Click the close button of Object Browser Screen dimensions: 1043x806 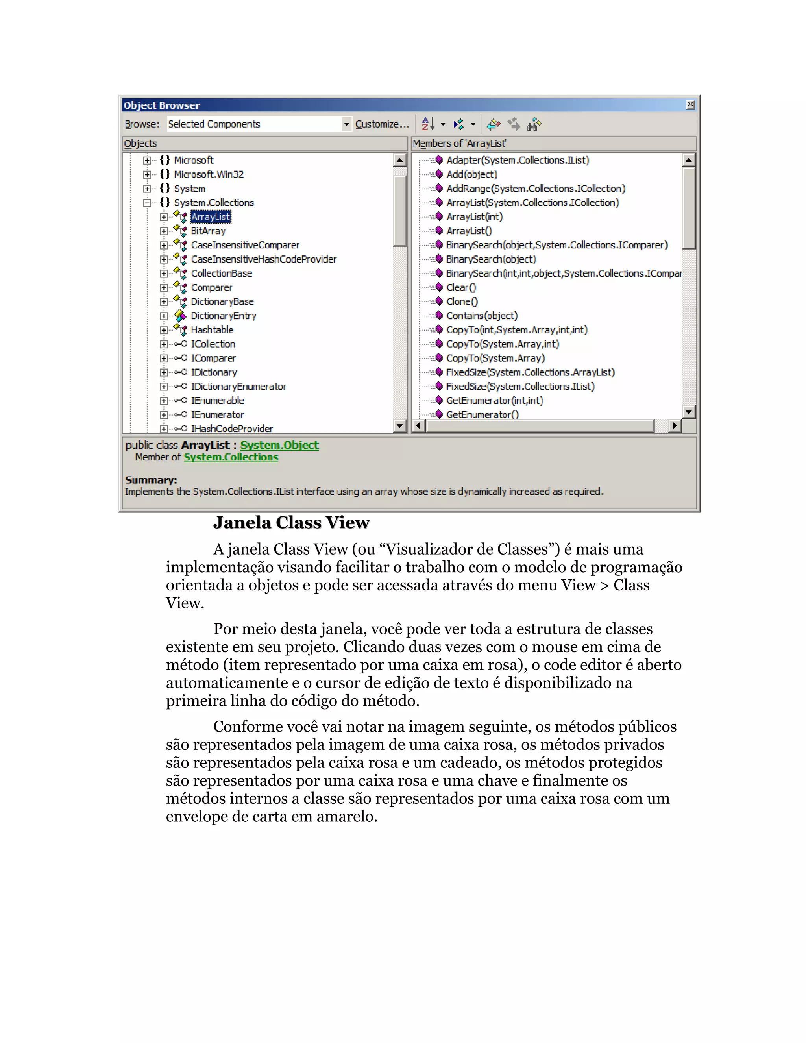(x=690, y=105)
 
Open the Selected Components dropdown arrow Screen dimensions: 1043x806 (x=346, y=124)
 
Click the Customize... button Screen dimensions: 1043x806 (x=382, y=124)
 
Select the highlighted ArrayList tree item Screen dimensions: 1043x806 (x=211, y=217)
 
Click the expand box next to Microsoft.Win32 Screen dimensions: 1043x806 (x=147, y=174)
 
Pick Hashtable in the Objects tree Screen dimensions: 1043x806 (x=212, y=329)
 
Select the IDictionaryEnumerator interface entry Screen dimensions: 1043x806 (x=238, y=387)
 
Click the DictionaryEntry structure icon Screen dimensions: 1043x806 (x=180, y=316)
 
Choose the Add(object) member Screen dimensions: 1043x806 (x=471, y=174)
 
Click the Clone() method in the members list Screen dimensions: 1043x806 (x=462, y=301)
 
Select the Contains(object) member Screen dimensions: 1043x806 (x=481, y=316)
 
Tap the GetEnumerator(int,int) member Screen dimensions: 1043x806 (x=494, y=400)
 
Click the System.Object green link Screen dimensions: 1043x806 (x=279, y=445)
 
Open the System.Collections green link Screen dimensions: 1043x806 (x=231, y=457)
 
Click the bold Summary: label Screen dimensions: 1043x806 (x=151, y=479)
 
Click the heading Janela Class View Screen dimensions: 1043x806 (x=291, y=522)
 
